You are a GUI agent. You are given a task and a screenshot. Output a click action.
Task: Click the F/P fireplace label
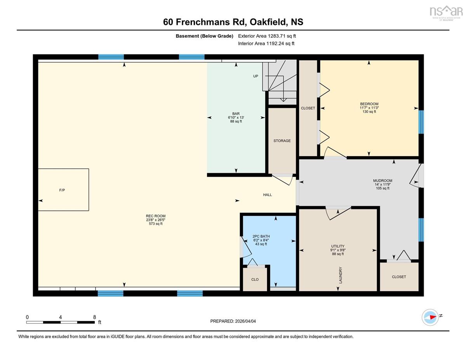(62, 190)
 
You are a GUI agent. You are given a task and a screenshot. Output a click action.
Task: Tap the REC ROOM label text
(156, 216)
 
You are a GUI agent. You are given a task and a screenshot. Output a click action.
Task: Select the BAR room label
(236, 114)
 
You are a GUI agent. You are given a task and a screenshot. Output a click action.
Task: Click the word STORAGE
(282, 141)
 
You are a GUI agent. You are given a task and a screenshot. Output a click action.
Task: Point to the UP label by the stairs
(256, 76)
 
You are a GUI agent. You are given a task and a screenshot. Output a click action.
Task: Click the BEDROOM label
(369, 104)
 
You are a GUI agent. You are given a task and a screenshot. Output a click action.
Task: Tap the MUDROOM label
(383, 181)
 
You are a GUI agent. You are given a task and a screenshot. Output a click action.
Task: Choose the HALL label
(268, 195)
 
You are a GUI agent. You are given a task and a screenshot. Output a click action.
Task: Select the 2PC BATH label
(261, 236)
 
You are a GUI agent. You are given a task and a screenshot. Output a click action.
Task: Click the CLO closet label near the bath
(255, 280)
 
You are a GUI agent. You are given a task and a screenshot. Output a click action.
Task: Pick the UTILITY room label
(338, 246)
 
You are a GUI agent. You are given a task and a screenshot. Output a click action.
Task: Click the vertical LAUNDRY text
(340, 275)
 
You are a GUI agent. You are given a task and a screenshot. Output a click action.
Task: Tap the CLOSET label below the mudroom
(399, 277)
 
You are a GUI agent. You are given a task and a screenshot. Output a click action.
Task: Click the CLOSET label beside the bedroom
(308, 108)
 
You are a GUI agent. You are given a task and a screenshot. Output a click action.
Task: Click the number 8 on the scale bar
(94, 317)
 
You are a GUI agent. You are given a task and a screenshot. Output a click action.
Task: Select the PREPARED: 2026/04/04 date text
(233, 321)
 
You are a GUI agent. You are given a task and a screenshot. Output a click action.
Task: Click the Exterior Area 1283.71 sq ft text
(267, 36)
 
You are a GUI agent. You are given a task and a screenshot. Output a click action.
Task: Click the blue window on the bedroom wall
(421, 122)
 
